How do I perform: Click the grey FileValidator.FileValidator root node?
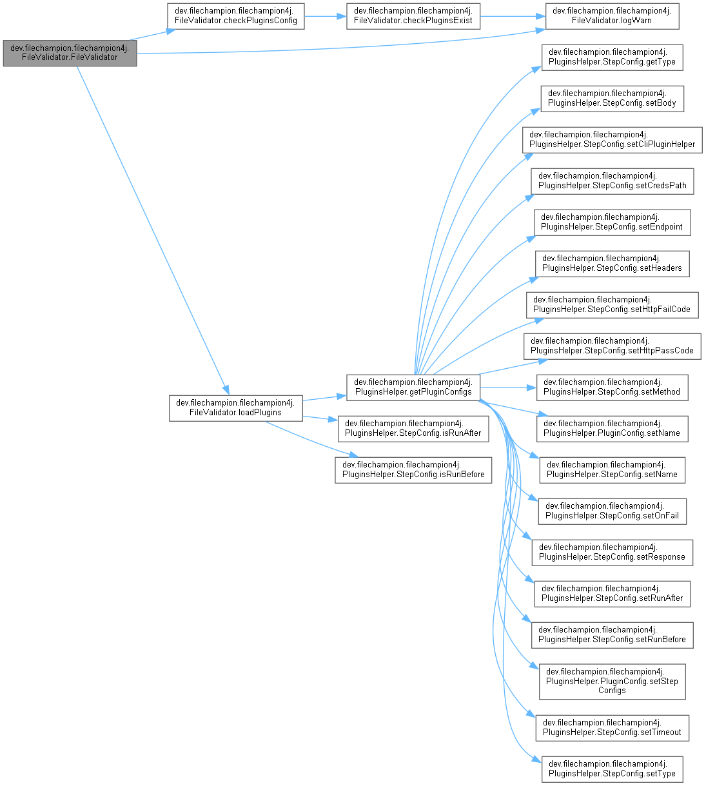[70, 53]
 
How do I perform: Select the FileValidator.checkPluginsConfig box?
[235, 15]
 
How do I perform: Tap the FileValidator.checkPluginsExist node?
[413, 15]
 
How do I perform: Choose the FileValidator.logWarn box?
[612, 15]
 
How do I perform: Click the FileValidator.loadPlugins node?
[235, 408]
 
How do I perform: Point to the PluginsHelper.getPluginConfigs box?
[413, 387]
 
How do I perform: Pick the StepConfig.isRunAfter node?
[413, 428]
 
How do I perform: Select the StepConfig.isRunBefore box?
[413, 469]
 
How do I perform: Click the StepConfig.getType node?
[612, 57]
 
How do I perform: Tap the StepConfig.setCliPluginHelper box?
[612, 139]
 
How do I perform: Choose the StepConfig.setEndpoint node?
[612, 222]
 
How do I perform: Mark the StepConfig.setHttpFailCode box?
[612, 304]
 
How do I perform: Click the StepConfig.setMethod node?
[612, 387]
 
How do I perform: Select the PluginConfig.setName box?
[612, 428]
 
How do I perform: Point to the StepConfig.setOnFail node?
[612, 511]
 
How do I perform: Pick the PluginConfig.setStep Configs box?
[612, 681]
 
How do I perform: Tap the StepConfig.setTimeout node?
[612, 727]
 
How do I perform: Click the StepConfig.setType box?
[612, 769]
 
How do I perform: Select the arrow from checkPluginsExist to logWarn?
[513, 15]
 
